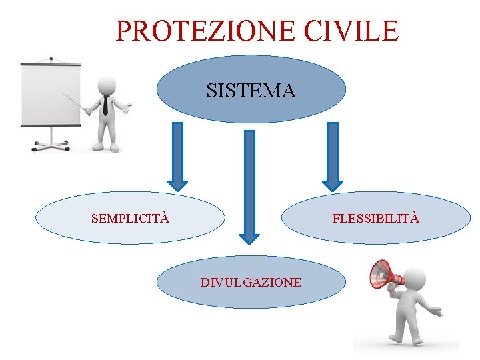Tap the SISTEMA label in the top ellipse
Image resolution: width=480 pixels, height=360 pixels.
pos(251,91)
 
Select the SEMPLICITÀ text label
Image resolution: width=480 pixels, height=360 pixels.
pos(130,218)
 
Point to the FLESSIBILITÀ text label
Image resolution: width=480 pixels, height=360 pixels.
pos(375,218)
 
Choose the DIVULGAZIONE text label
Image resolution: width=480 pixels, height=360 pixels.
pos(251,283)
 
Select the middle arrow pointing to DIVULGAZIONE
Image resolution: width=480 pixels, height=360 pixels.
pos(249,187)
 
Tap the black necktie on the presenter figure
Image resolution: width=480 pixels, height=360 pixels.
pos(105,106)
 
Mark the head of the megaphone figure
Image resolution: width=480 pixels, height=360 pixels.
pos(413,277)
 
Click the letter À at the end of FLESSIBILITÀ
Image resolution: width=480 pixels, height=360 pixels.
pos(415,218)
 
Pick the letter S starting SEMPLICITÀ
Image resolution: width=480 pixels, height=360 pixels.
pos(95,218)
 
